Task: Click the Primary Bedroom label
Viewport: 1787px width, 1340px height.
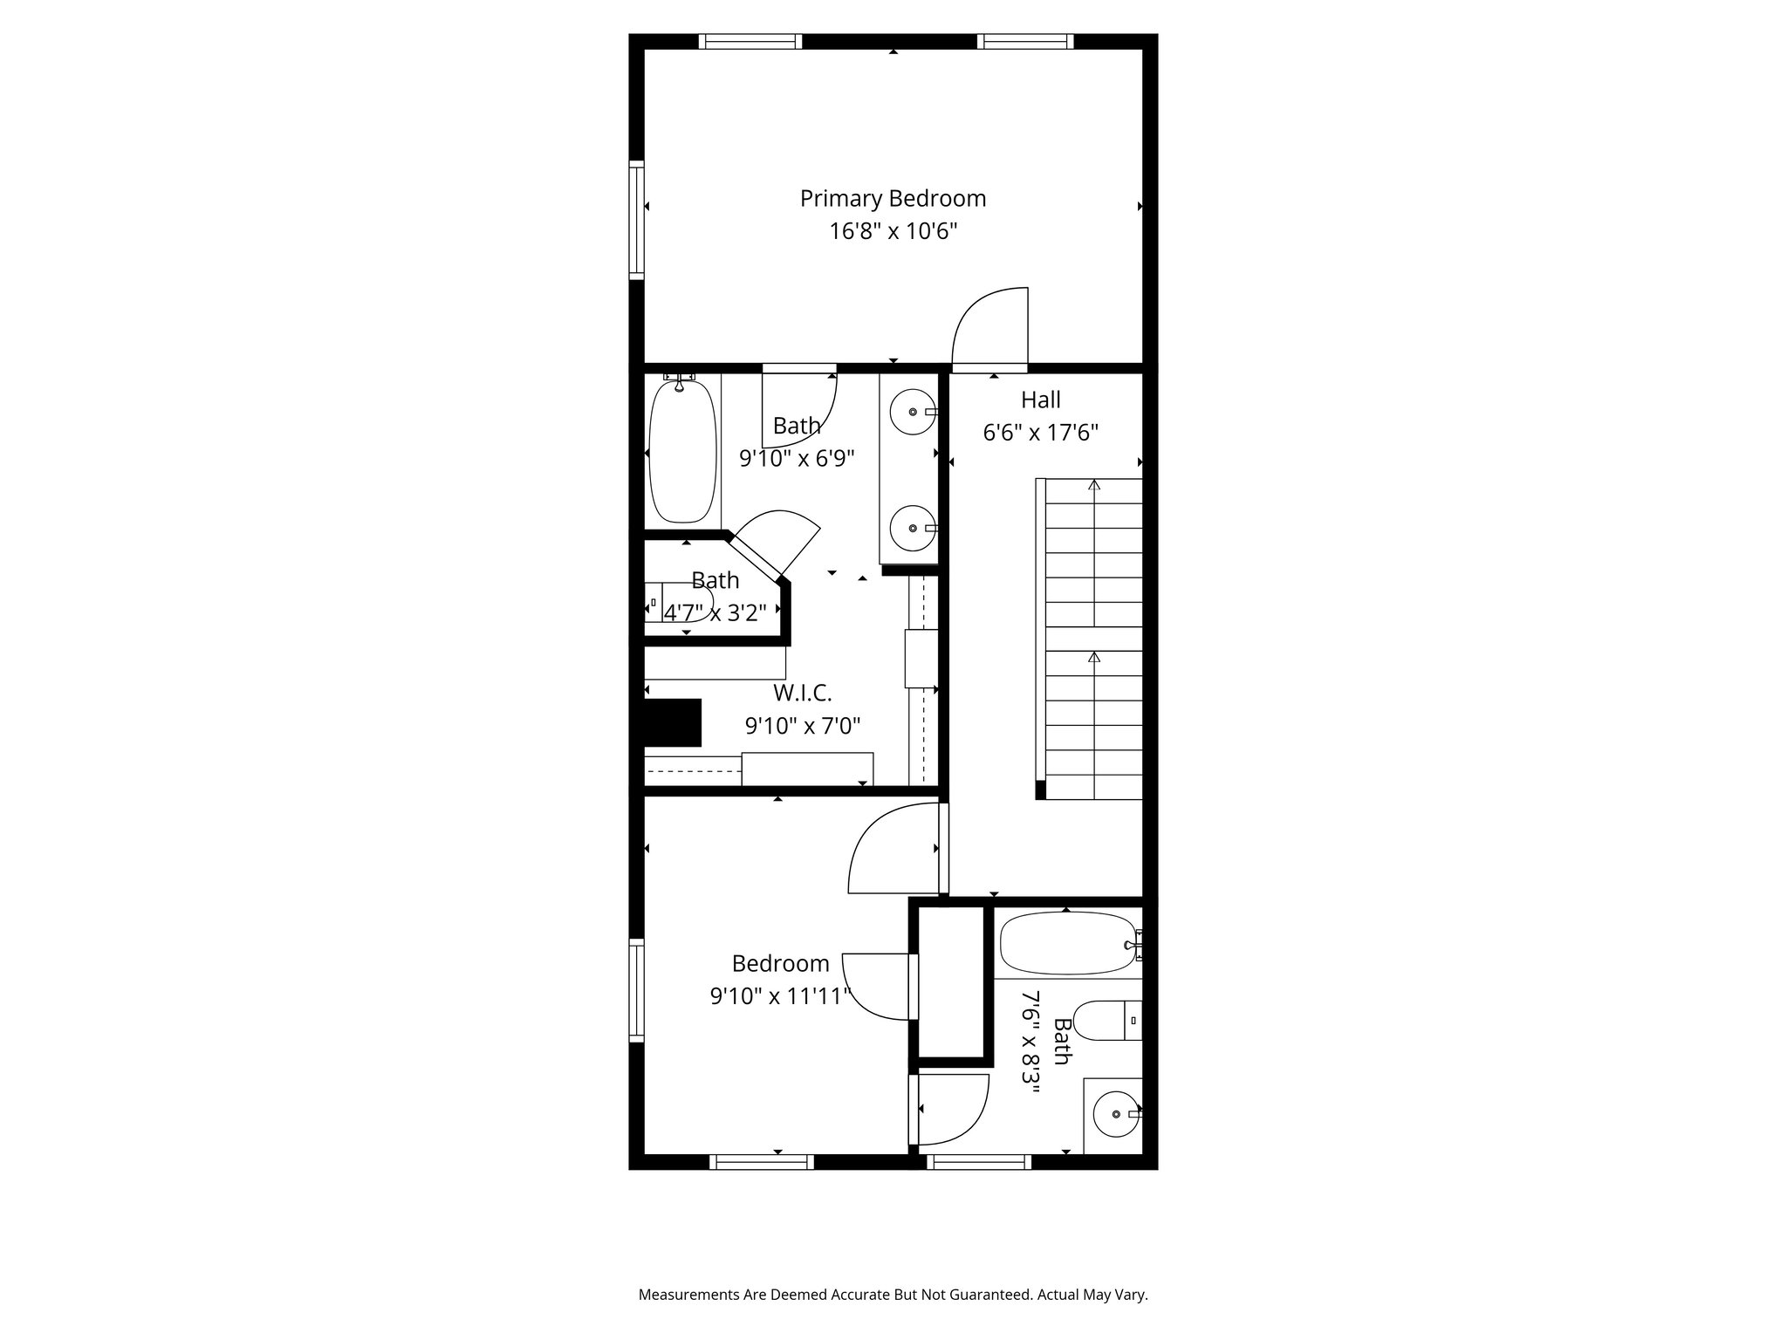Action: [x=893, y=199]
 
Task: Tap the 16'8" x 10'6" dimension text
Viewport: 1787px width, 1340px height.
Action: [x=893, y=231]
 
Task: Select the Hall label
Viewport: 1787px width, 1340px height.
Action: [x=1040, y=400]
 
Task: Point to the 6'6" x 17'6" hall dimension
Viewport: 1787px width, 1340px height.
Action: [x=1040, y=433]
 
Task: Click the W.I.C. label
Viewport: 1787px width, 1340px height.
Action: [x=802, y=694]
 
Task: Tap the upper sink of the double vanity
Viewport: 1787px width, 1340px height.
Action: [x=912, y=412]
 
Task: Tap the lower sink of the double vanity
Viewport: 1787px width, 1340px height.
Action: [x=912, y=529]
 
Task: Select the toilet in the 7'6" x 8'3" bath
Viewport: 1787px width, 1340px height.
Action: [x=1105, y=1020]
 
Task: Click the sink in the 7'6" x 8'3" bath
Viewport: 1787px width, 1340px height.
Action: [x=1116, y=1114]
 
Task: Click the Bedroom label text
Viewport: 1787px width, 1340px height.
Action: [x=780, y=964]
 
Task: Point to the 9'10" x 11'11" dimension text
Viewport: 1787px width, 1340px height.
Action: [x=780, y=995]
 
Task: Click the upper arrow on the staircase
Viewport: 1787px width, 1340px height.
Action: [x=1094, y=485]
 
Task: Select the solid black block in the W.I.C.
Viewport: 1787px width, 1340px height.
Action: [x=672, y=722]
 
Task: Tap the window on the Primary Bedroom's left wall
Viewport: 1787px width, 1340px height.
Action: [x=637, y=220]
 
